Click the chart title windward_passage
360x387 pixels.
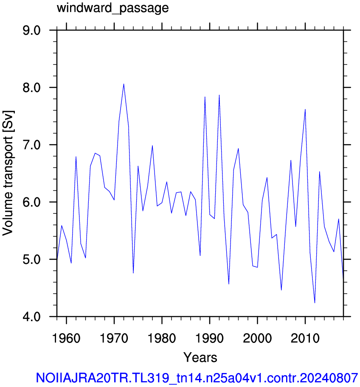tap(112, 8)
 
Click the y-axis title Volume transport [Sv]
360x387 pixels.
tap(8, 173)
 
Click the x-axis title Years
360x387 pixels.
tap(200, 357)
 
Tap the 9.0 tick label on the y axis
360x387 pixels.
tap(31, 31)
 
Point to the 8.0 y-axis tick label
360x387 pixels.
tap(31, 87)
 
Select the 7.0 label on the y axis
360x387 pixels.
tap(31, 145)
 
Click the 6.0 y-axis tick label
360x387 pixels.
tap(31, 202)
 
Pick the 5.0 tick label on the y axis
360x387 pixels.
tap(31, 259)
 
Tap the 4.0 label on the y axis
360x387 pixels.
tap(31, 317)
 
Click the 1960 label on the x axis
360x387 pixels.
tap(66, 338)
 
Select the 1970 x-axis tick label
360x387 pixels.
tap(114, 338)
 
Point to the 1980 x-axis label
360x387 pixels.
tap(162, 338)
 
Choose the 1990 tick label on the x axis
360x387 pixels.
tap(209, 338)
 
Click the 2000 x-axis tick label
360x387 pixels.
tap(257, 338)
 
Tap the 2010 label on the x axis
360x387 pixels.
tap(305, 338)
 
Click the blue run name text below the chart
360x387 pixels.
tap(197, 378)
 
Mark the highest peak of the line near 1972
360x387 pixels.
tap(124, 84)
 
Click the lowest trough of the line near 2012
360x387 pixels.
tap(315, 303)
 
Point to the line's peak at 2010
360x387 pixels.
tap(305, 109)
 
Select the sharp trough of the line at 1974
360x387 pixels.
tap(133, 273)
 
